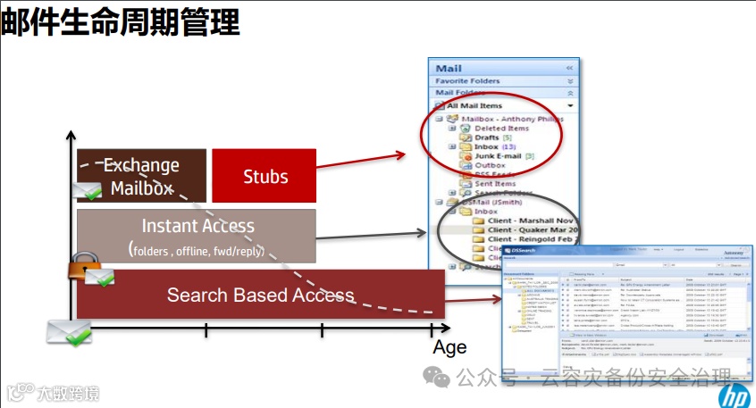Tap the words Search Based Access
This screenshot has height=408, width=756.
tap(260, 295)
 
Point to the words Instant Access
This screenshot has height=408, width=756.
tap(197, 226)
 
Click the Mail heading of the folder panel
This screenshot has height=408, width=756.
tap(449, 68)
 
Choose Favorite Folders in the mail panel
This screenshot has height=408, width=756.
tap(468, 80)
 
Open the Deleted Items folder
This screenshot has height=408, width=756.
tap(501, 129)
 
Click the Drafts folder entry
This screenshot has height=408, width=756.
tap(487, 137)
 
